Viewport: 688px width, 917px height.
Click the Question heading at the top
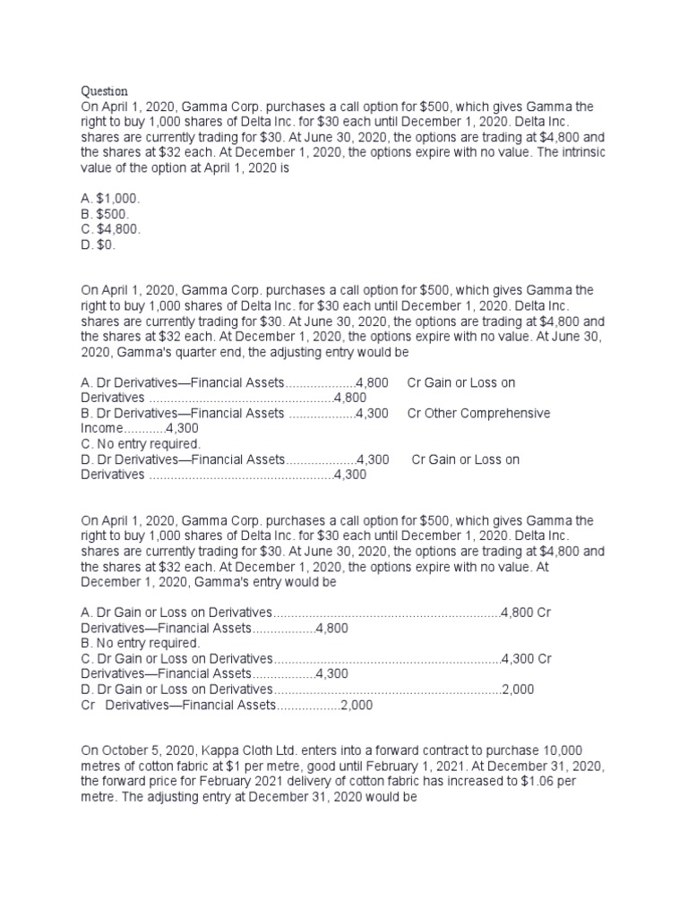click(105, 90)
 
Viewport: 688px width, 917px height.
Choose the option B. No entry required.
click(141, 643)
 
